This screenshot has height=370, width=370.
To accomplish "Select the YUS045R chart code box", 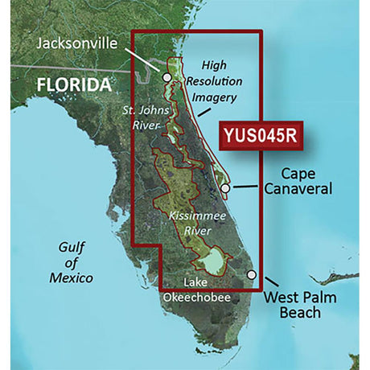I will pos(260,137).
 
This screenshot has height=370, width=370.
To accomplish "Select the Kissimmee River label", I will pos(191,224).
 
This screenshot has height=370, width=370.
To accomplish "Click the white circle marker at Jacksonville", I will pos(166,78).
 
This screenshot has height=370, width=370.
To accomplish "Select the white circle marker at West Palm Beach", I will pos(252,275).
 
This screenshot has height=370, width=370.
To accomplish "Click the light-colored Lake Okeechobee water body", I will pos(213,261).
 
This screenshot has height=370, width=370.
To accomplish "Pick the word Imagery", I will pos(212,98).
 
